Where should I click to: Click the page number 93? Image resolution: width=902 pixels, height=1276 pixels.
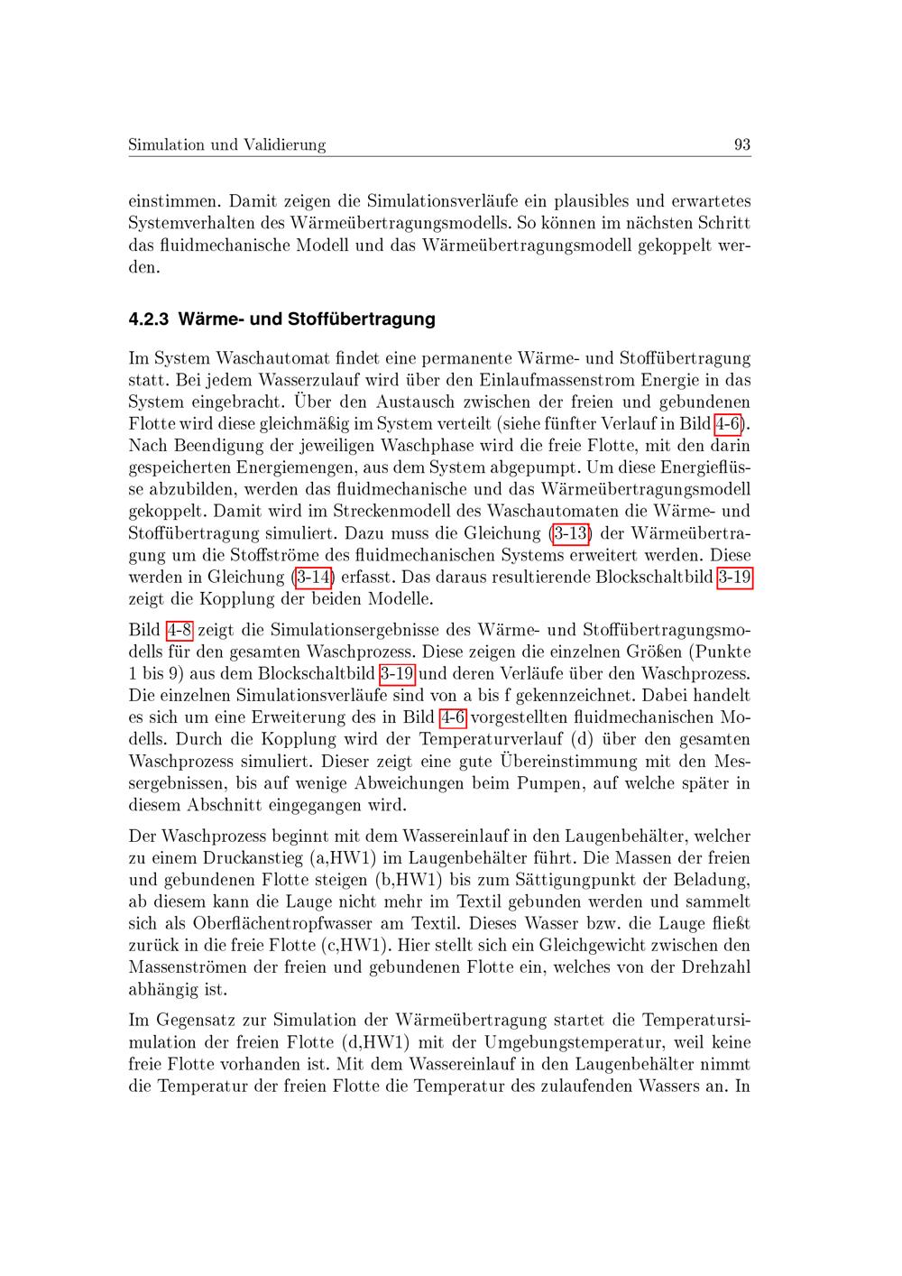click(742, 144)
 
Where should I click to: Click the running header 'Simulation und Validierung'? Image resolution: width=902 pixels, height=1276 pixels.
click(226, 144)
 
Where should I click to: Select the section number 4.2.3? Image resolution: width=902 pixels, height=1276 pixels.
click(149, 319)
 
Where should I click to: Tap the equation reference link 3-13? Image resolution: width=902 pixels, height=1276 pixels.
click(571, 533)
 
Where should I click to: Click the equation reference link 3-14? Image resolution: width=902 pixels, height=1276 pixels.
click(314, 577)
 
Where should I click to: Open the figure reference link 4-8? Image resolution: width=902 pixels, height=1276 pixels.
click(179, 630)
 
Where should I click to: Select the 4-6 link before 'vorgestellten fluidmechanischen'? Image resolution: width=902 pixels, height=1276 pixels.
click(453, 717)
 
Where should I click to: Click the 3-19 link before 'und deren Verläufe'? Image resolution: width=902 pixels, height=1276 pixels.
click(397, 674)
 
